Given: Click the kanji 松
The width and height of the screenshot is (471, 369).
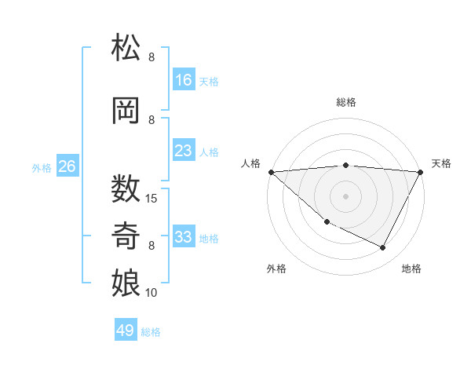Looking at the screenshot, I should coord(126,48).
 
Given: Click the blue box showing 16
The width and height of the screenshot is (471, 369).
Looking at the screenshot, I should coord(184,80).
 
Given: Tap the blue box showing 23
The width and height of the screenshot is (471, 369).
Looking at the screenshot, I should coord(184,151).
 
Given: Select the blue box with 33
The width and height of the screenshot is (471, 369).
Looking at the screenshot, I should coord(184,237).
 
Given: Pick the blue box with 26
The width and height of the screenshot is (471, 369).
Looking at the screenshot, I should coord(68,166).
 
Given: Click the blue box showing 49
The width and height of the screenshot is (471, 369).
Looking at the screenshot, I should coord(126,331).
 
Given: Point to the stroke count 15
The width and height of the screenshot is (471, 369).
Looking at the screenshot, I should coord(152,198).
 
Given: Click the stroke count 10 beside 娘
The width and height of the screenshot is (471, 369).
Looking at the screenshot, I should coord(152,293).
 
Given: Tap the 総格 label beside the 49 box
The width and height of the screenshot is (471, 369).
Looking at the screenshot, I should coord(152,332).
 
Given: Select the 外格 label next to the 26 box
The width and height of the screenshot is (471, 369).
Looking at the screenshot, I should coord(42,167).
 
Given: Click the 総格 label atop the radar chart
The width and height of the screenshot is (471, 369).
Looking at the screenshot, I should coord(346,102).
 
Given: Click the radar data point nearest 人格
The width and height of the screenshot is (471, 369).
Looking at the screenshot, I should coord(270,172).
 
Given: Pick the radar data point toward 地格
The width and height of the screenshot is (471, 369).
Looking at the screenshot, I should coord(383,248).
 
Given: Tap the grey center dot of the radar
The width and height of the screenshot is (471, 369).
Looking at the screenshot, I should coord(345,196).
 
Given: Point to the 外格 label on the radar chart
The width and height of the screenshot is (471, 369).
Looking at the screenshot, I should coord(276,269).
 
